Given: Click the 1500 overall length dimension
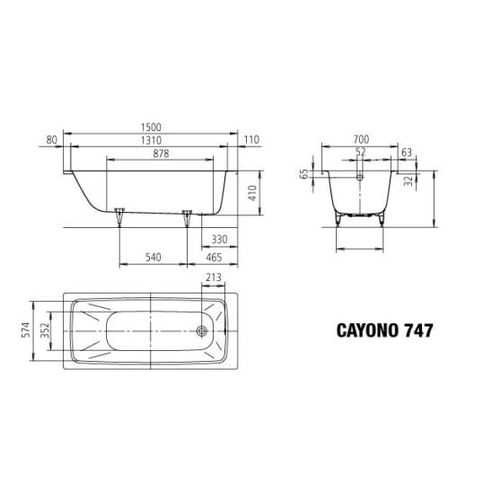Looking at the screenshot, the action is (x=151, y=127).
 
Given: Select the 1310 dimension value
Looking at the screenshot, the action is (x=151, y=140).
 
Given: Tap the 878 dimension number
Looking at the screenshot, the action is (x=161, y=154).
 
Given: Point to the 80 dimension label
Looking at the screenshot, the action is (x=52, y=140).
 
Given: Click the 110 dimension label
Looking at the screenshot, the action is (x=251, y=140).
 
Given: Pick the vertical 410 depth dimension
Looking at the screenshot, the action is (x=252, y=193).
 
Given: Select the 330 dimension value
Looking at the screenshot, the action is (x=219, y=240).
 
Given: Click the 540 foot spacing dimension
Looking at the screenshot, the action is (x=154, y=258).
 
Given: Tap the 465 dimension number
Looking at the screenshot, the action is (x=214, y=258).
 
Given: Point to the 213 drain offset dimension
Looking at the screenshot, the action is (x=214, y=277).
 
